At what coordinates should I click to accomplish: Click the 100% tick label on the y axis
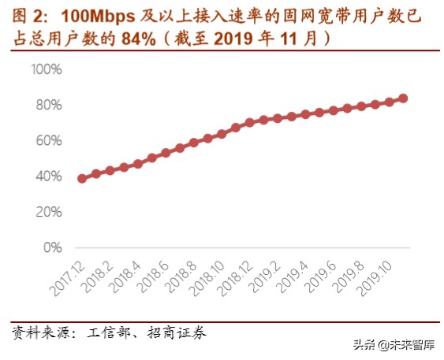point(46,69)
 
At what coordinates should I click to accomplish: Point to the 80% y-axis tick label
point(48,105)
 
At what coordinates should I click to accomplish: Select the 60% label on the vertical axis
point(48,141)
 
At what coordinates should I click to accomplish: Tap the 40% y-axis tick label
point(48,176)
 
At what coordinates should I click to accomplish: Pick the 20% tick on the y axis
point(48,212)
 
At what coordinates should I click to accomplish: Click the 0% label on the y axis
point(52,247)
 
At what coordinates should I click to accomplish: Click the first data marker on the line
point(82,179)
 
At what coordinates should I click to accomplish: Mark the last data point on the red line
point(403,98)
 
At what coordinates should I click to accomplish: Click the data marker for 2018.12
point(249,123)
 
